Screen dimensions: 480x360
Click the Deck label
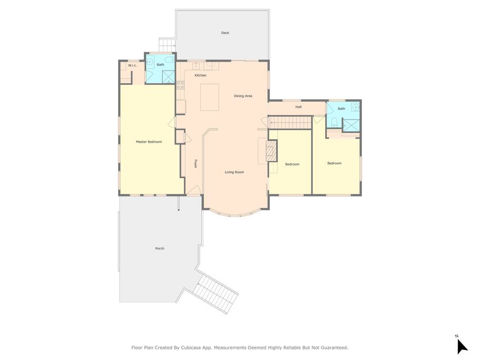click(225, 33)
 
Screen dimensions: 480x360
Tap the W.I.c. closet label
click(132, 65)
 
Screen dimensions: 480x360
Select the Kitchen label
click(201, 75)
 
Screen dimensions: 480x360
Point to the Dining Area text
click(243, 96)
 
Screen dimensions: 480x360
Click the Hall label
click(298, 107)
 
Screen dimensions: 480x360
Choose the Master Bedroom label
click(149, 142)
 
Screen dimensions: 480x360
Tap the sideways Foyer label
click(195, 163)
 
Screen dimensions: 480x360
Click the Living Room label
click(234, 172)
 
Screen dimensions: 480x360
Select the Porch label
click(160, 249)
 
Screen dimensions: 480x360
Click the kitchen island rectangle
click(210, 98)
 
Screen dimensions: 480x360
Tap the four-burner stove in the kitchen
click(180, 85)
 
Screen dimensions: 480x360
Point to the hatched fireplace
click(271, 151)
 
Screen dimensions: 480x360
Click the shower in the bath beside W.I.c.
click(168, 77)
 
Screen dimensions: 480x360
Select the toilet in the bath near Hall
click(334, 122)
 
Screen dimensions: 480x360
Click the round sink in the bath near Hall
click(356, 108)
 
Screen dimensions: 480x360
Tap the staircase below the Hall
click(290, 123)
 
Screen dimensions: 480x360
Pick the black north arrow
click(462, 346)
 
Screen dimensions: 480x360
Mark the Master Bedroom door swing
click(172, 122)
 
